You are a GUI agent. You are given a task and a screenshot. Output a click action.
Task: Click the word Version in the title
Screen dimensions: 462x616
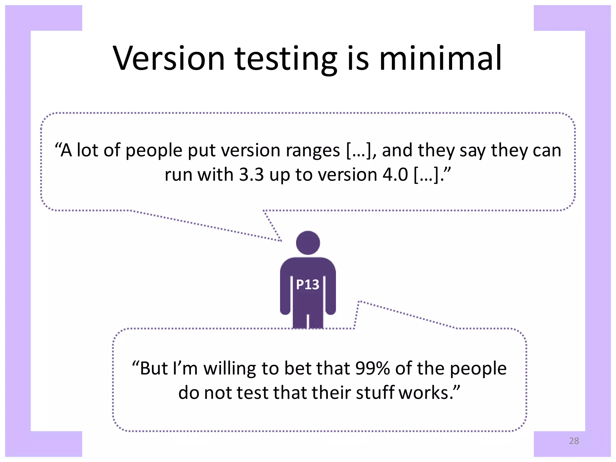169,58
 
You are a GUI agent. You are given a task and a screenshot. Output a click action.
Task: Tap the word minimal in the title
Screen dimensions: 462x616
440,58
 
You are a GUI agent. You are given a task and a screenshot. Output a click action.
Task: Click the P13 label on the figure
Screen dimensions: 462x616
307,285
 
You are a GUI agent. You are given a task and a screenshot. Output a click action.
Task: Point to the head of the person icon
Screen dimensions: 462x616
308,243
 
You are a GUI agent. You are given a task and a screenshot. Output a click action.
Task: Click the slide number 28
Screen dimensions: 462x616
574,441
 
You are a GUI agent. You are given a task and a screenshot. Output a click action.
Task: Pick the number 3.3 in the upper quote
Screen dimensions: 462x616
251,174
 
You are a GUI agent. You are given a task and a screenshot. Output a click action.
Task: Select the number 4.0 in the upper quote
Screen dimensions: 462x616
395,174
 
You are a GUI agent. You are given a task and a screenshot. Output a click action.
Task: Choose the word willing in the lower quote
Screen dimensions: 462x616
230,369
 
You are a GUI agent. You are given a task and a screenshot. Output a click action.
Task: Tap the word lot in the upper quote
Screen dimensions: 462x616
88,150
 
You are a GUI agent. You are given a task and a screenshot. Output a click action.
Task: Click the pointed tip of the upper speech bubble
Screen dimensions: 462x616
281,241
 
